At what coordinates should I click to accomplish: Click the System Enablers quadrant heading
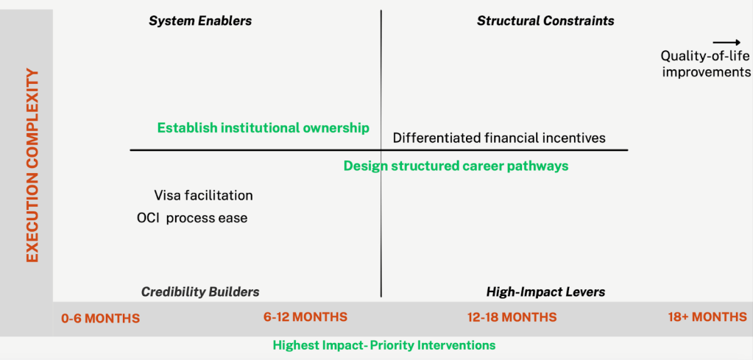[x=200, y=21]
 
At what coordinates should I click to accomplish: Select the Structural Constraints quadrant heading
[x=545, y=21]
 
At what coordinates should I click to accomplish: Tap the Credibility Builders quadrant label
[x=200, y=292]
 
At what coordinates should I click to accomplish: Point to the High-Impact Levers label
[x=545, y=292]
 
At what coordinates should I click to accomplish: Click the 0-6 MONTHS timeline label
[x=100, y=318]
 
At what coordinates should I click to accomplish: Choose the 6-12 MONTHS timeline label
[x=305, y=317]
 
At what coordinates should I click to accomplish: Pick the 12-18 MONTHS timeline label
[x=512, y=317]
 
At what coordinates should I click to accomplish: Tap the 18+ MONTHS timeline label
[x=707, y=317]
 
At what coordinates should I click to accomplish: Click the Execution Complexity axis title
[x=32, y=166]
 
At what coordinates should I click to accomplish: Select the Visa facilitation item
[x=203, y=196]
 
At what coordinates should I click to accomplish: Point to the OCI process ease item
[x=192, y=219]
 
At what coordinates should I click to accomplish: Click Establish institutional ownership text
[x=264, y=128]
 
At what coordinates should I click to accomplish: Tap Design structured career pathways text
[x=456, y=166]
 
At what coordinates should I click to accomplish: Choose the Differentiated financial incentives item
[x=499, y=138]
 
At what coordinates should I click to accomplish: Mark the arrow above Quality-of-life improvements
[x=727, y=43]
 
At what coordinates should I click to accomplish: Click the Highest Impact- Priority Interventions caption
[x=384, y=345]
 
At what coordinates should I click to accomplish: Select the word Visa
[x=166, y=196]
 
